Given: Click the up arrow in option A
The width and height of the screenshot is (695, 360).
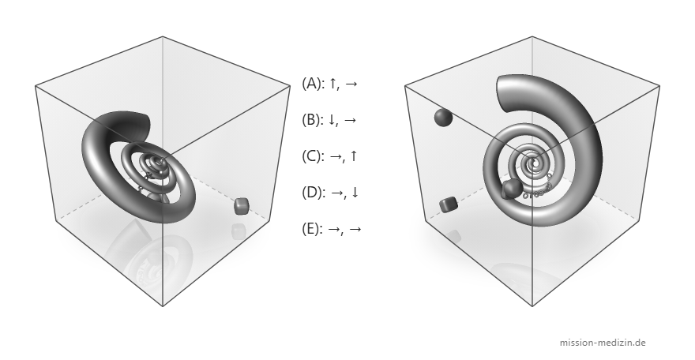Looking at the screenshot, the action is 332,83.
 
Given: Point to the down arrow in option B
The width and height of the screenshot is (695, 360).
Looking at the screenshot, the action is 332,120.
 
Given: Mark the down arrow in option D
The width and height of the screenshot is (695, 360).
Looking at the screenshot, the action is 355,193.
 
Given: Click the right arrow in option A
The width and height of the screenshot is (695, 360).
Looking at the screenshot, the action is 351,84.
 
